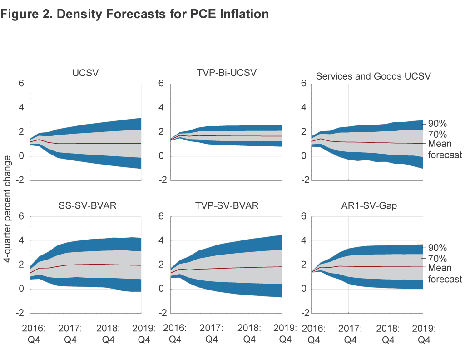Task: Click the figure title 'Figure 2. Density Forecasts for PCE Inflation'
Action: tap(135, 14)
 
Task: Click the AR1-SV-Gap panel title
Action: tap(368, 205)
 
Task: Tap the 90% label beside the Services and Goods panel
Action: tap(438, 123)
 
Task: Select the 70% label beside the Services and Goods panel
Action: tap(438, 135)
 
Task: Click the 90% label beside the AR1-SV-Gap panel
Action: tap(438, 248)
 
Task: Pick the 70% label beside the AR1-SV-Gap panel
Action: tap(438, 259)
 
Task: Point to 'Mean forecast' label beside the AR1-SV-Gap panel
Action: tap(445, 273)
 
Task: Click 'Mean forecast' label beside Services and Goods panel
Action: tap(445, 149)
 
